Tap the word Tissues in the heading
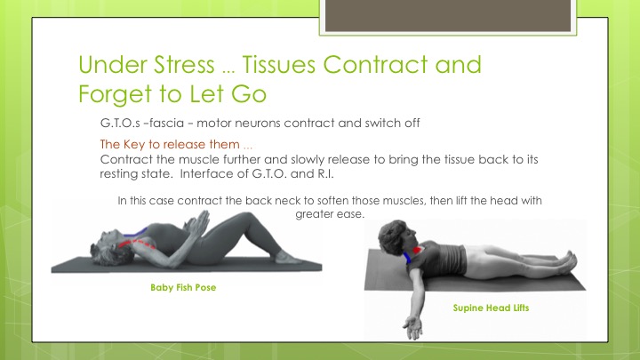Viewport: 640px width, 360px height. (x=279, y=65)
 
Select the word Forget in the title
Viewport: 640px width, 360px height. (x=116, y=94)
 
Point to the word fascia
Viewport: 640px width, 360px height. (x=166, y=123)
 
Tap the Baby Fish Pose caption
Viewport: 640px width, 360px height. (x=183, y=287)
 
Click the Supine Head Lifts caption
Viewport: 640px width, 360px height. (x=491, y=308)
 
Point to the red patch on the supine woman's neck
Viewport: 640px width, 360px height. (x=417, y=250)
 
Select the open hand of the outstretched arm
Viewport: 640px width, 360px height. (x=413, y=327)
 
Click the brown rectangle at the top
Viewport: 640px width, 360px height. (x=448, y=15)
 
